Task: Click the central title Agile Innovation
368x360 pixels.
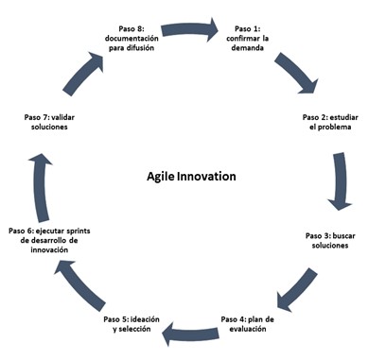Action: coord(191,177)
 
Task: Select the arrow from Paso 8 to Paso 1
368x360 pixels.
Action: coord(190,30)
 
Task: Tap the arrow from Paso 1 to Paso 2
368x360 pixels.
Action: coord(296,73)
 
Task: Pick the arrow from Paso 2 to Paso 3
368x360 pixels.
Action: coord(340,181)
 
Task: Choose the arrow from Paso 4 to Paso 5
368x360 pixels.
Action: coord(190,334)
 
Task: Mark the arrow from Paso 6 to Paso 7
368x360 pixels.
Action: coord(41,187)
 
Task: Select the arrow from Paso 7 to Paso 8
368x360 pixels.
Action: coord(83,74)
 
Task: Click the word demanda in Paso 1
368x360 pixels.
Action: coord(248,48)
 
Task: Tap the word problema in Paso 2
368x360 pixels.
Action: coord(334,127)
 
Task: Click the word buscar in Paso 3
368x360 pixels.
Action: coord(344,235)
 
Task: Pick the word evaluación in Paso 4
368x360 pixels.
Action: coord(248,329)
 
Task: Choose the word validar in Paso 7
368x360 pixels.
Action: coord(62,117)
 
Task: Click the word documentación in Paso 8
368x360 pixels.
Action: coord(131,39)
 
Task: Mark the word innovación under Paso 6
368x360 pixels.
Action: coord(49,249)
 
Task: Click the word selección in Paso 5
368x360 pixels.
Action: coord(134,329)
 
